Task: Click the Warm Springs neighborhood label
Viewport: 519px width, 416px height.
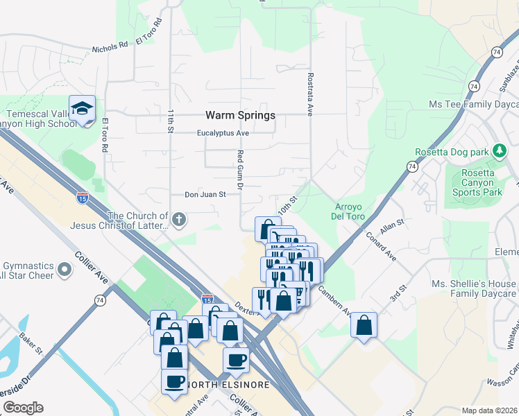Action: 240,115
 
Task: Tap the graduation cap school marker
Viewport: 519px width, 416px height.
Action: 82,109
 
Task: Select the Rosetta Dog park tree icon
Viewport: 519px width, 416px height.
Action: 499,151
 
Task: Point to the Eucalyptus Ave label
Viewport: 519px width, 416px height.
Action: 223,133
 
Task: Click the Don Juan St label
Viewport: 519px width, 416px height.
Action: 205,196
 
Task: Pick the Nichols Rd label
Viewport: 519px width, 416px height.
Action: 110,49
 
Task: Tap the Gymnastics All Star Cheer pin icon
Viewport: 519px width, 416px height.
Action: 65,268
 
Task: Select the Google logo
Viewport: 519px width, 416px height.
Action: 23,408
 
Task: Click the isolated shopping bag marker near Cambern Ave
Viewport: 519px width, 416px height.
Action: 364,325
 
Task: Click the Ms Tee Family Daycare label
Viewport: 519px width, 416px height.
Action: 474,104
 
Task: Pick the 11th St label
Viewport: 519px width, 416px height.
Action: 170,120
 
